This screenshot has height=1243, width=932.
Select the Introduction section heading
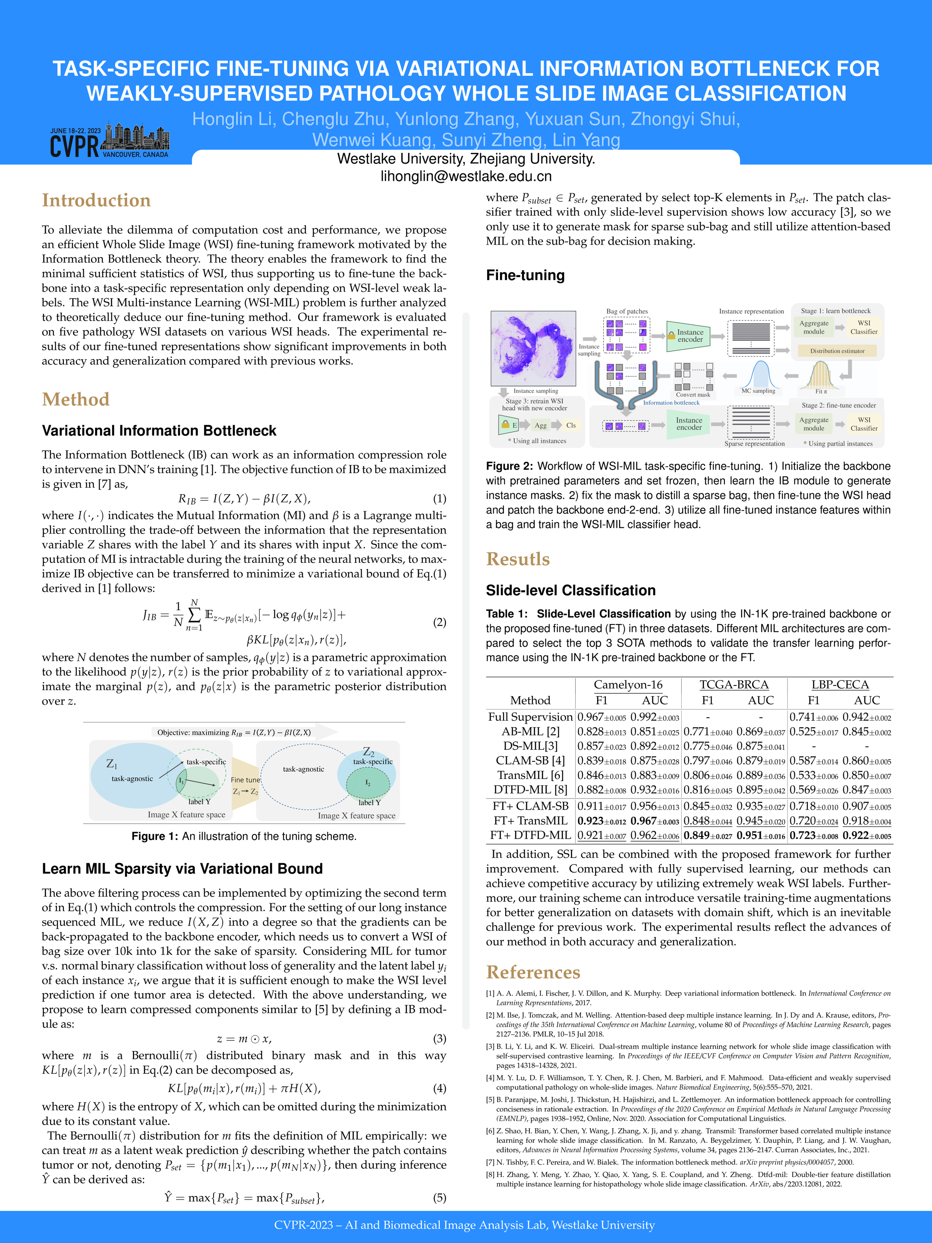[96, 201]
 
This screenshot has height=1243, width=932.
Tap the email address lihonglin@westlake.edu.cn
[466, 177]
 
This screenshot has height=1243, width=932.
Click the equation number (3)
[439, 1038]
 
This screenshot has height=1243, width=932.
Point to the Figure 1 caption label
[155, 836]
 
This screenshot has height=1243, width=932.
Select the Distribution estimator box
[837, 350]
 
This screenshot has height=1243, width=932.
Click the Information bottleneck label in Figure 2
[671, 402]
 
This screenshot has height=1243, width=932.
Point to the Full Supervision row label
[530, 716]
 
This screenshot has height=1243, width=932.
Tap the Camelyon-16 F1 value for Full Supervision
[601, 717]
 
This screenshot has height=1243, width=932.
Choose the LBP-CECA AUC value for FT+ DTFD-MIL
[866, 836]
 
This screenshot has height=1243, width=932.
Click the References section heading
[532, 972]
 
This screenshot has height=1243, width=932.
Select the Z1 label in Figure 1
[112, 763]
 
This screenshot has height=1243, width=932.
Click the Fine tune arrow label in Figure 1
[245, 780]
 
